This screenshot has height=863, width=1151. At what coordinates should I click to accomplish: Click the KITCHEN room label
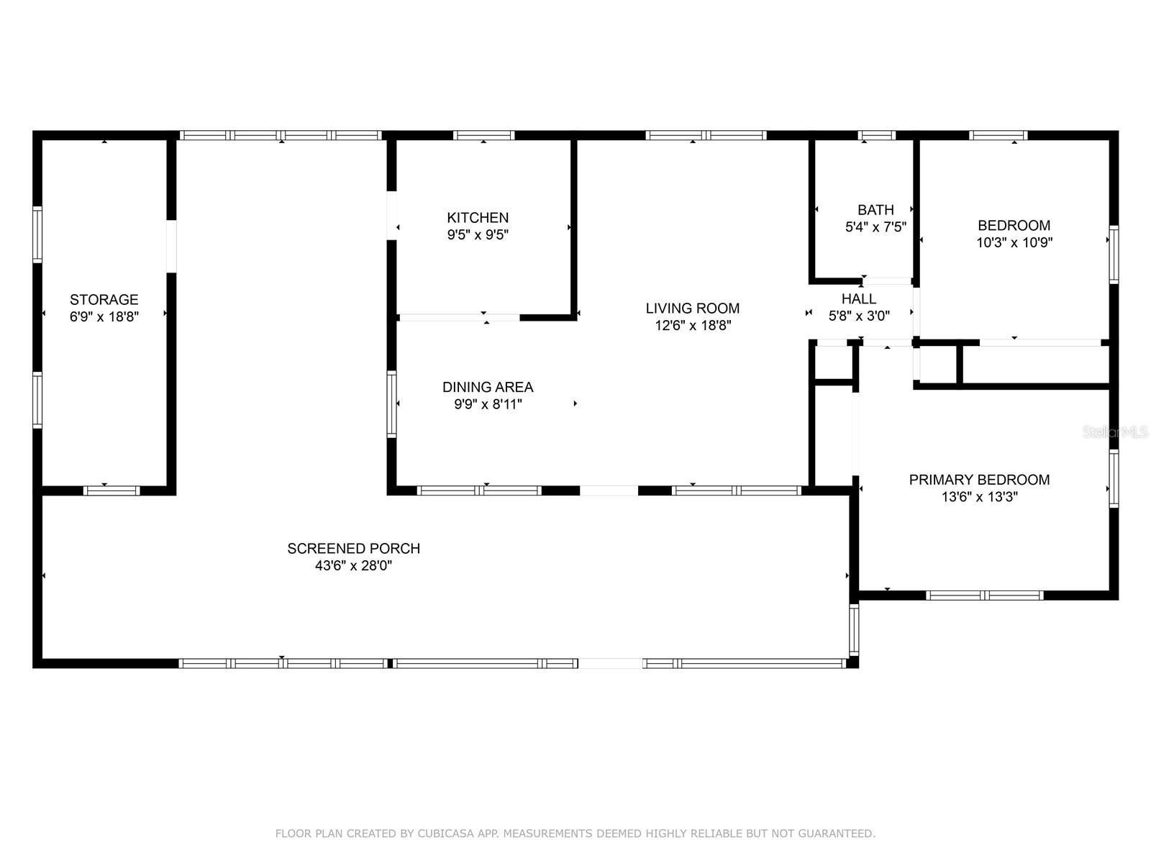[477, 217]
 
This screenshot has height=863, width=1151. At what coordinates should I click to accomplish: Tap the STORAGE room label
[104, 300]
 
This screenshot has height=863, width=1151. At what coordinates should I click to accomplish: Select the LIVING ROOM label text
[692, 308]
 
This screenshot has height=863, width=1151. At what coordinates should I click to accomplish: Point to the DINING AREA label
[488, 387]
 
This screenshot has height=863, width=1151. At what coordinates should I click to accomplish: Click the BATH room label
[875, 210]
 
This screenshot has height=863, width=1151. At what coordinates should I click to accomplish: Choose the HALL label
[859, 298]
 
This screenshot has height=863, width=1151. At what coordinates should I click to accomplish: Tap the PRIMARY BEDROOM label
[979, 480]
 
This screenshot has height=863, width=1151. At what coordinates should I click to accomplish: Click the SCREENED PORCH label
[353, 549]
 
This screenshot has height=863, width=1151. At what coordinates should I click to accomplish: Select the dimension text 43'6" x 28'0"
[353, 566]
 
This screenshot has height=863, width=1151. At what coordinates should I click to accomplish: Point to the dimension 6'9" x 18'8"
[104, 316]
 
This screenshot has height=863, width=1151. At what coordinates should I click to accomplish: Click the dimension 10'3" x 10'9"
[1014, 242]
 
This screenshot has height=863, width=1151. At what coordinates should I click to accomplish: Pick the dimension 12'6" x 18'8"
[692, 325]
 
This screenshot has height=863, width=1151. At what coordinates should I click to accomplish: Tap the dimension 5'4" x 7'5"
[875, 227]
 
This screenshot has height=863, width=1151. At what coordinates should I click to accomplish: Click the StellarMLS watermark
[1115, 432]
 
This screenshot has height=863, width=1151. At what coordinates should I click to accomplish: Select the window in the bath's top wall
[877, 135]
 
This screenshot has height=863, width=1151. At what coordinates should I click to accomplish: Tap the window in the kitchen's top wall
[483, 135]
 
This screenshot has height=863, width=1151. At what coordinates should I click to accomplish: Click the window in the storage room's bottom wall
[112, 491]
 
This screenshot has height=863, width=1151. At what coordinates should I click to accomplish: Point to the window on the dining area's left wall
[392, 404]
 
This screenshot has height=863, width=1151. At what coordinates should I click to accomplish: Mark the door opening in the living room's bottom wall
[609, 491]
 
